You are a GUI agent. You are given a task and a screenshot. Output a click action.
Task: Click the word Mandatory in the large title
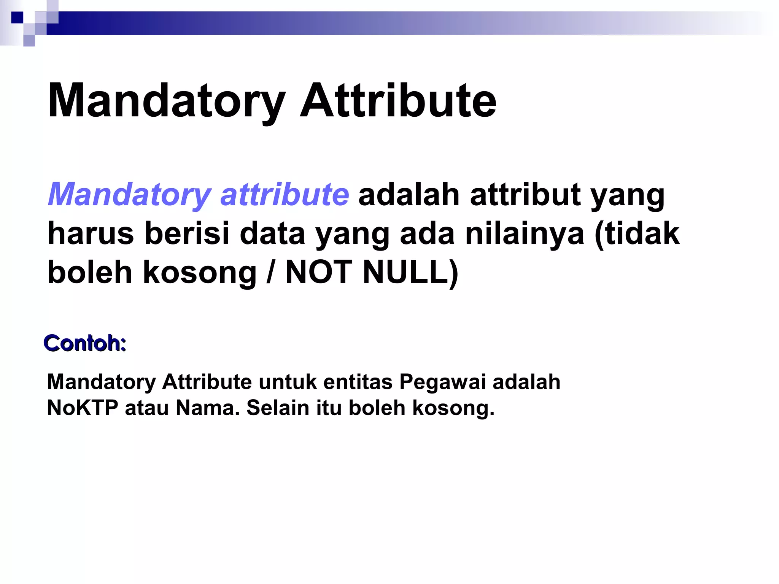(166, 101)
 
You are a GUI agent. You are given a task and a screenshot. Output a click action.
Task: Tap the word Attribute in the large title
(398, 101)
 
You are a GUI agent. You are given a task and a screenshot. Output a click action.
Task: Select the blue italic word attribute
(284, 194)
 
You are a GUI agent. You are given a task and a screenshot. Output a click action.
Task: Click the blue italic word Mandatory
(129, 195)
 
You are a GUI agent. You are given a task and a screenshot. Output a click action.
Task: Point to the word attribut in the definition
(525, 194)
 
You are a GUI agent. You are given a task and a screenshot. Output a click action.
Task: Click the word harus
(91, 233)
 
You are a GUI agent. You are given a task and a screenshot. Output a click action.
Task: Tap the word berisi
(187, 233)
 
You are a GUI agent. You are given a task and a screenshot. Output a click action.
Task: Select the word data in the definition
(272, 233)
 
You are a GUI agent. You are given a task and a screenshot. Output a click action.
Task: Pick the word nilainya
(525, 234)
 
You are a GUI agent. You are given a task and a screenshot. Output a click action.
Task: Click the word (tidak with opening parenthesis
(637, 233)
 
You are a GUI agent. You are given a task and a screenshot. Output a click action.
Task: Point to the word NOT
(319, 272)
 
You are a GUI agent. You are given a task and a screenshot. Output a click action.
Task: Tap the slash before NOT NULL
(270, 272)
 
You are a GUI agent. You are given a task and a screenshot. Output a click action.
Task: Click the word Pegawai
(442, 382)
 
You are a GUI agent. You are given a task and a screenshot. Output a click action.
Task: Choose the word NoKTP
(83, 408)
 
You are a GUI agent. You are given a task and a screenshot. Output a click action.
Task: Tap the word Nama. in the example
(208, 408)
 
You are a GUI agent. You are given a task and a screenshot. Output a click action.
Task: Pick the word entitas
(358, 382)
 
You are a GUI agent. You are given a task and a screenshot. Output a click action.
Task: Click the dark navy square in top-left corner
(17, 17)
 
